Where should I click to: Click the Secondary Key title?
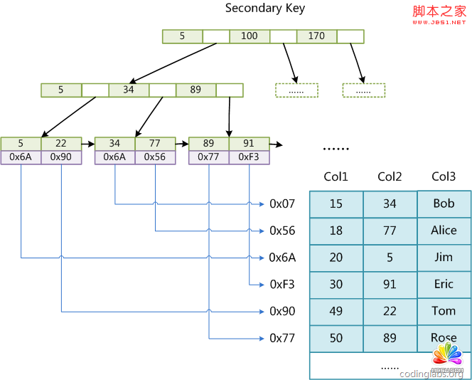265,9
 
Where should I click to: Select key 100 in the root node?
250,36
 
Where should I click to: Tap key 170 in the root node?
316,36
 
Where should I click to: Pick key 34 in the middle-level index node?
129,90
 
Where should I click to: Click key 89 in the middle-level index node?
196,90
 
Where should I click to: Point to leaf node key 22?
61,144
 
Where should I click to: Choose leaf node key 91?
249,144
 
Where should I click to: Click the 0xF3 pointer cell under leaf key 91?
249,157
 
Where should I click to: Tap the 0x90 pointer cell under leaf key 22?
61,157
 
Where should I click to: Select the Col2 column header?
390,176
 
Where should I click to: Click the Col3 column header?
444,176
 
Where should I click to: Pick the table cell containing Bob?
444,204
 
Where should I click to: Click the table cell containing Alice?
444,231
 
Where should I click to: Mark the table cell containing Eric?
444,285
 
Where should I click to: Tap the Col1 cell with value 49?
336,312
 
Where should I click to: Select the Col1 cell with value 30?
336,285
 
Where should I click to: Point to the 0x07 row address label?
282,204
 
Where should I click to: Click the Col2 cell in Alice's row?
390,231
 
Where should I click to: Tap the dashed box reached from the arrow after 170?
363,90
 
